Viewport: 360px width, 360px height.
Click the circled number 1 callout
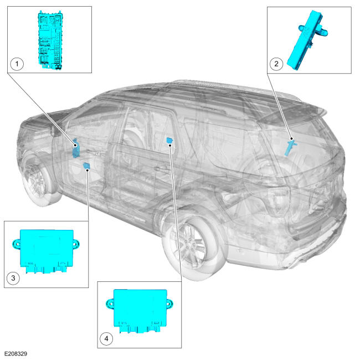(x=17, y=64)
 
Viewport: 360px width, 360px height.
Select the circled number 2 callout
(x=276, y=64)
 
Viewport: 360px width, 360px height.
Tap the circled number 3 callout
(x=13, y=278)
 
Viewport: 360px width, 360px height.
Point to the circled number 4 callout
(x=106, y=338)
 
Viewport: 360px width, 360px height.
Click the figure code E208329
(x=16, y=354)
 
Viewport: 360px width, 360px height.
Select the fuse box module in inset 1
(x=50, y=40)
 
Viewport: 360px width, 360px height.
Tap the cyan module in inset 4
(x=140, y=311)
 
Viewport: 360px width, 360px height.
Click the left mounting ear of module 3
(x=16, y=244)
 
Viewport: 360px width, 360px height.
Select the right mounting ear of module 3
(x=76, y=244)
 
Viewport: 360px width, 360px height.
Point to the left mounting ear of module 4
(x=110, y=304)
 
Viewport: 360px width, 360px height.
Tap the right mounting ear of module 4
(x=169, y=304)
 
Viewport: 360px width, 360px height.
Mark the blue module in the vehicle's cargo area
(x=290, y=148)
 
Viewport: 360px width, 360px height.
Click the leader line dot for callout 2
(x=291, y=138)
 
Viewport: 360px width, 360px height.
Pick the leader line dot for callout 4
(x=170, y=145)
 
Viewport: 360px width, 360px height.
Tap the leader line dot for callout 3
(x=88, y=170)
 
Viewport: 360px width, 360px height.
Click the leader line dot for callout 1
(x=75, y=145)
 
